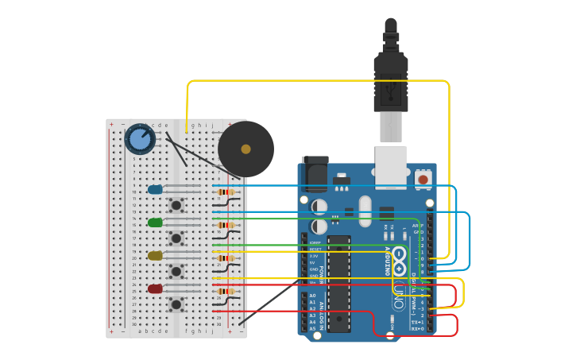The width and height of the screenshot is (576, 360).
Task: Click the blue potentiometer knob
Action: [140, 139]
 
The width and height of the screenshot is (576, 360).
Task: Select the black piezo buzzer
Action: [246, 149]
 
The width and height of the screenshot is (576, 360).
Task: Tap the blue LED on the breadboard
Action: [155, 189]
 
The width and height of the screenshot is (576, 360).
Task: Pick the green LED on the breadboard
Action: [155, 223]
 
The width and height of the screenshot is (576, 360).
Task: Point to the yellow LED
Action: [155, 256]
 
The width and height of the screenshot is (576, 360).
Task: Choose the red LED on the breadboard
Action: [155, 288]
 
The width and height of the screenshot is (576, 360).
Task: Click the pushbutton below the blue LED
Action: [176, 205]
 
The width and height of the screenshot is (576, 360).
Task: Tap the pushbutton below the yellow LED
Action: [176, 271]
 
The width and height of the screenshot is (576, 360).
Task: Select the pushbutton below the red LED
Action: [176, 304]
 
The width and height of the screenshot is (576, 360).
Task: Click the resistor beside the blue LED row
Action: [226, 192]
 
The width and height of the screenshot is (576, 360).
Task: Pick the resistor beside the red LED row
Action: [226, 291]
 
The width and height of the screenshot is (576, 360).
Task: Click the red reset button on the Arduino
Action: [423, 180]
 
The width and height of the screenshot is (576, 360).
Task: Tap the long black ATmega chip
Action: [338, 282]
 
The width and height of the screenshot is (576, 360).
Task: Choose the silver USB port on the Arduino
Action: [390, 167]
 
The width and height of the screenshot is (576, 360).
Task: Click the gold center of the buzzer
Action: [246, 149]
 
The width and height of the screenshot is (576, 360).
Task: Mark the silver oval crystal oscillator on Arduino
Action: [365, 211]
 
